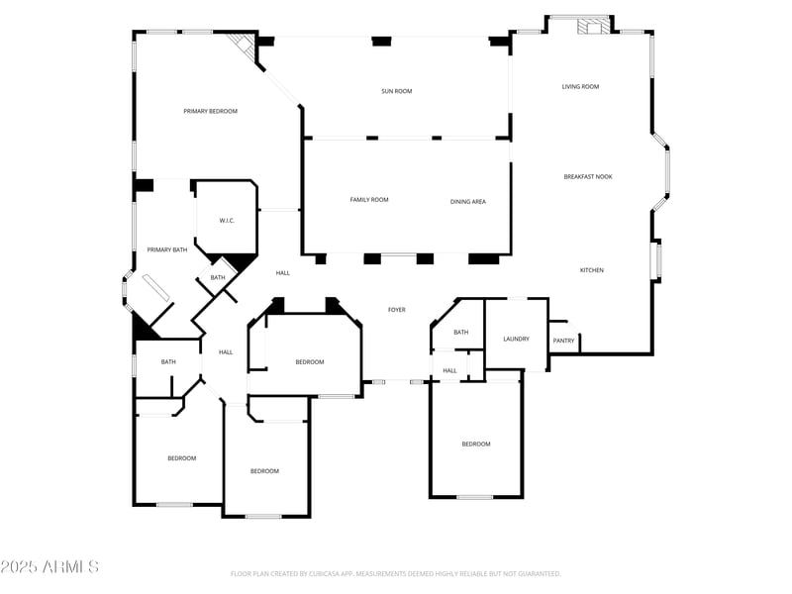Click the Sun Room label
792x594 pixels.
[397, 91]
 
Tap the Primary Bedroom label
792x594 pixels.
[210, 111]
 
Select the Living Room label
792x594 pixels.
[580, 87]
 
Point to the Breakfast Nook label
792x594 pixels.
[588, 177]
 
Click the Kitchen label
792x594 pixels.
[591, 270]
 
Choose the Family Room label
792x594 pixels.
[369, 200]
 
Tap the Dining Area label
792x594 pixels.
[467, 202]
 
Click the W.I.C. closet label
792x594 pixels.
[227, 221]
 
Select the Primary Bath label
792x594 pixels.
[166, 250]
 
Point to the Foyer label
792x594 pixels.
[397, 310]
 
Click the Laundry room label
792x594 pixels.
[516, 339]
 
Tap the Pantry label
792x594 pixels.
[563, 341]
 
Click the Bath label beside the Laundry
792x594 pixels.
[460, 333]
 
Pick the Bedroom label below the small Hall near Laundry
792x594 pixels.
[476, 445]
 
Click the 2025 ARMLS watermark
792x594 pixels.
[49, 566]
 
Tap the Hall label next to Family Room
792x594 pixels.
[283, 273]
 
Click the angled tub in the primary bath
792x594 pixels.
[156, 288]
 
